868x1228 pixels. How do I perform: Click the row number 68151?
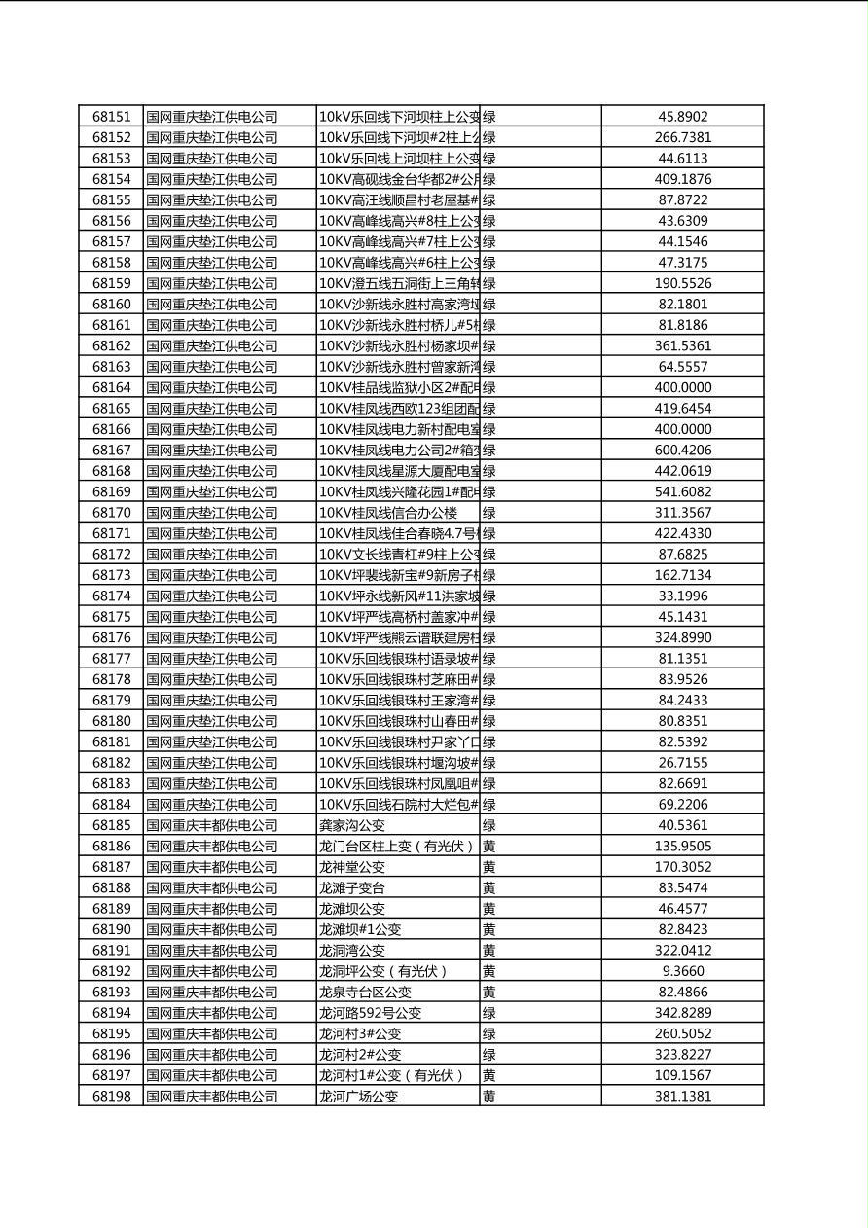click(111, 117)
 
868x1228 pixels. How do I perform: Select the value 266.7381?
click(682, 138)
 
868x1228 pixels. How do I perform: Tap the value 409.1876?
click(682, 179)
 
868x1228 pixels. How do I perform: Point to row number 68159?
click(111, 283)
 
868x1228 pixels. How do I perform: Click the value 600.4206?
click(682, 451)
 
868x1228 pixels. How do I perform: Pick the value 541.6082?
click(682, 492)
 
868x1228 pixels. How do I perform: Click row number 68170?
click(111, 513)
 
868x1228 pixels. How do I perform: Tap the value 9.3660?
click(682, 971)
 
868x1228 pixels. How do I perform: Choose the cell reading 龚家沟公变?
click(352, 825)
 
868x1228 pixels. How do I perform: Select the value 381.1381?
click(682, 1097)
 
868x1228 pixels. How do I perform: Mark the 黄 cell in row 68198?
click(488, 1097)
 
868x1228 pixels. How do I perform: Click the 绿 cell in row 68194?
click(488, 1013)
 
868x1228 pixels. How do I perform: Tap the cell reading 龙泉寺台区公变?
click(365, 993)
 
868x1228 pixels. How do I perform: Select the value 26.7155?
click(682, 763)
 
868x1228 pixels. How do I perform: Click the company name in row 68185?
click(211, 825)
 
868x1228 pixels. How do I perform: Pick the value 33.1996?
click(682, 596)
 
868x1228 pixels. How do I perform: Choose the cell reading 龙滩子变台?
click(352, 888)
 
